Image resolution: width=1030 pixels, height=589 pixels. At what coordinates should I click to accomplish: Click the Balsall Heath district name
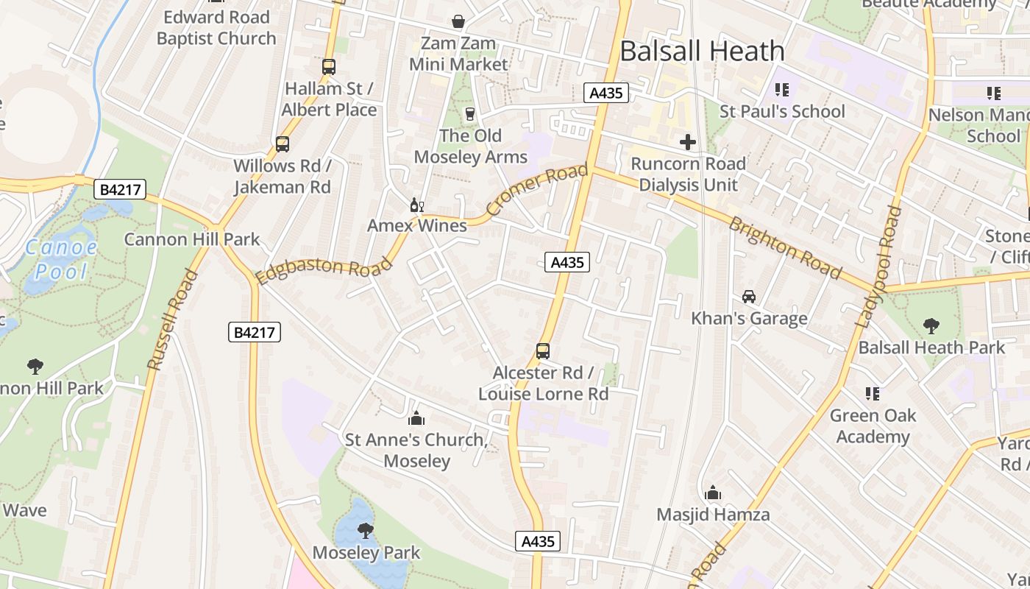point(702,51)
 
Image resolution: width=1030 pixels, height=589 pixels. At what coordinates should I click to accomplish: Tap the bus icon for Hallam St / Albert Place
point(329,67)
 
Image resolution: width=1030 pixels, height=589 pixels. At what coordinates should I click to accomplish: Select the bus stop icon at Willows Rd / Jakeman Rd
point(283,144)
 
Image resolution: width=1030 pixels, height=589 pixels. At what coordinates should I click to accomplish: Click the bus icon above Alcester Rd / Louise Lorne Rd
point(543,351)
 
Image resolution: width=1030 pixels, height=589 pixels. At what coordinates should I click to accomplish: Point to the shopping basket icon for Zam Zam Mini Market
point(458,21)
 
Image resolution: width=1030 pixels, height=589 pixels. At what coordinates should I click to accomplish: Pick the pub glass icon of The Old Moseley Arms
point(470,114)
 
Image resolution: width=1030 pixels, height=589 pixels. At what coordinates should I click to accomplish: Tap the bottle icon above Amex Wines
point(416,205)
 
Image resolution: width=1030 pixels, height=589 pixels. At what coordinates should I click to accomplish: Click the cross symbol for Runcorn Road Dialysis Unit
point(688,141)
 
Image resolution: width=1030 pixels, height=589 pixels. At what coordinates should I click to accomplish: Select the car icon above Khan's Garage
point(749,297)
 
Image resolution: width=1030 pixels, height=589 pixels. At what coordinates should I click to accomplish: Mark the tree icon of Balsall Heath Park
point(931,325)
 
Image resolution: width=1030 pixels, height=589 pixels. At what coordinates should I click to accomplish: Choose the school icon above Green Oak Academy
point(873,394)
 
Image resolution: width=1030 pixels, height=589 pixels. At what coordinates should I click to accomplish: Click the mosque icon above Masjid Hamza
point(712,493)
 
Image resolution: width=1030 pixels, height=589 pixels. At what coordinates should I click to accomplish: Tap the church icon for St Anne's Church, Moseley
point(416,418)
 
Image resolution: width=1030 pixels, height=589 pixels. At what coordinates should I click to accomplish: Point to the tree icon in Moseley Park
point(365,530)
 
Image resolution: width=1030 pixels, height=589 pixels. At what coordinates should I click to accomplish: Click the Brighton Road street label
point(784,248)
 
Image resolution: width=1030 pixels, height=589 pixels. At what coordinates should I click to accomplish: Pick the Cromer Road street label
point(538,191)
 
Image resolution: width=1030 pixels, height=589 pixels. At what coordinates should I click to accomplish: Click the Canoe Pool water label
point(61,259)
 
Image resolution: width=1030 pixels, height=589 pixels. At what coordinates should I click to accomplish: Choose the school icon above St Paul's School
point(781,90)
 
